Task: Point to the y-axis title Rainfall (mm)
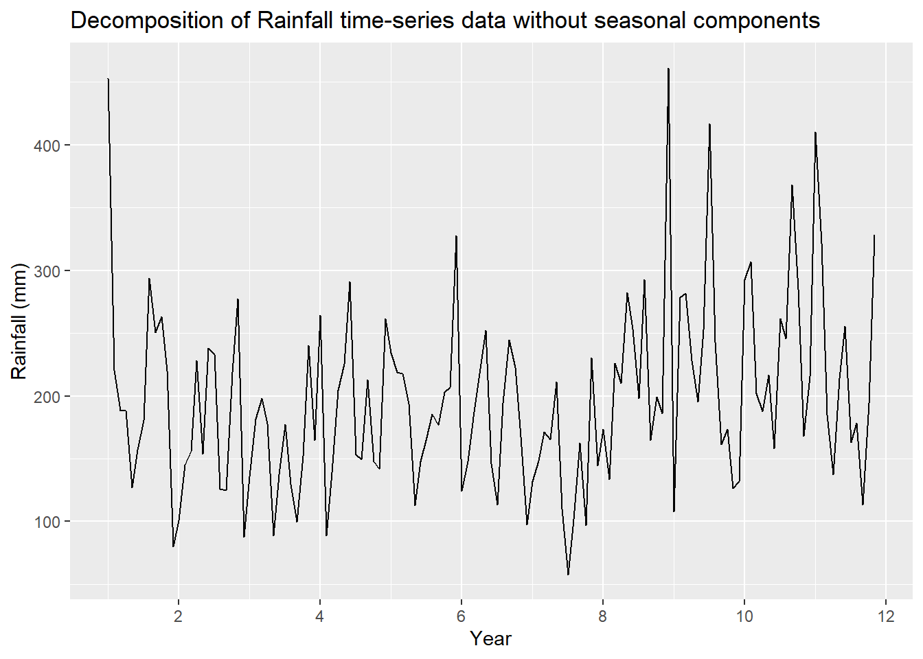[19, 321]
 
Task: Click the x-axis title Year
[490, 639]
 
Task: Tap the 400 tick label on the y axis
[47, 146]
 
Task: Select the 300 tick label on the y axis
[47, 271]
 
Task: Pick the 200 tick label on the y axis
[47, 397]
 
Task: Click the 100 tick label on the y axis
[47, 522]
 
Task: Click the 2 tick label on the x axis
[179, 616]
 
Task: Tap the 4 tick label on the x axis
[320, 616]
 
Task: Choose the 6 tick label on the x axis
[461, 616]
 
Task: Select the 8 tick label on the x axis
[603, 616]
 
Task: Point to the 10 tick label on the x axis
[744, 616]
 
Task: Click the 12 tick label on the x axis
[886, 616]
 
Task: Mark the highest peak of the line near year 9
[668, 69]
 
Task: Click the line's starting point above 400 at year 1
[109, 79]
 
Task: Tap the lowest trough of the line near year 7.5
[568, 575]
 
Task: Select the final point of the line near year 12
[874, 235]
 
